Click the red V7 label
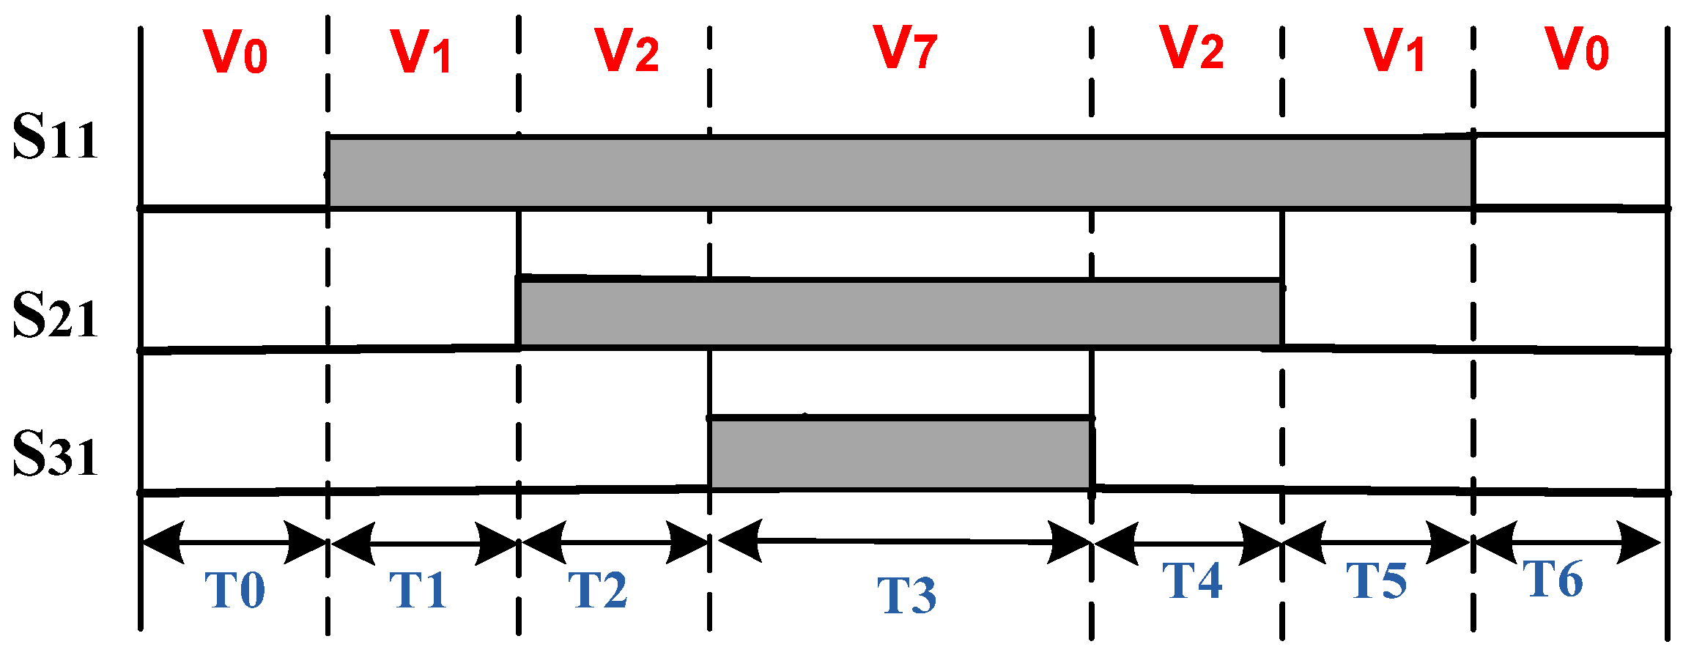(906, 48)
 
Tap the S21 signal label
(56, 316)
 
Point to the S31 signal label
(56, 456)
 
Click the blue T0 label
(234, 590)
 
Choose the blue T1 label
(418, 590)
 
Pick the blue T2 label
(598, 590)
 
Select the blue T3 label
(907, 595)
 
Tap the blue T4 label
(1192, 581)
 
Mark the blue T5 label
(1376, 581)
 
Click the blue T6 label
(1553, 580)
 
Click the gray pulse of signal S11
(900, 172)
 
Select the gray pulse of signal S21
(900, 313)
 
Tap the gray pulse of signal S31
(900, 453)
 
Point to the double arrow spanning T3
(906, 542)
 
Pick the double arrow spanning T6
(1567, 544)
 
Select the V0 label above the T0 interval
(234, 51)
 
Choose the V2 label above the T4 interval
(1191, 48)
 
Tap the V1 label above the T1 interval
(421, 51)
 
